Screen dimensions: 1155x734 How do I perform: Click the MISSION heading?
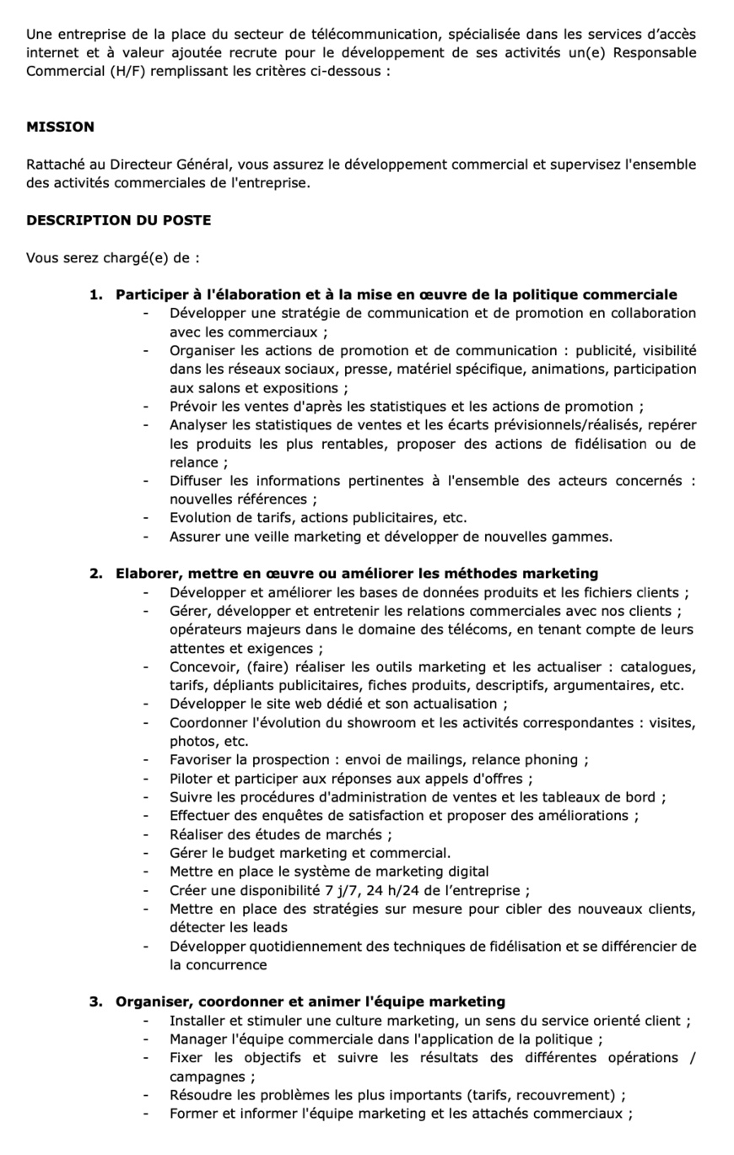[60, 127]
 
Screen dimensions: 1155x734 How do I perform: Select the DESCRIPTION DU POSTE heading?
[118, 220]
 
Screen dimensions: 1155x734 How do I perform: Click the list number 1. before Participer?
[96, 294]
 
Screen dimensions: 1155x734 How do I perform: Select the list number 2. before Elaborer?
[96, 574]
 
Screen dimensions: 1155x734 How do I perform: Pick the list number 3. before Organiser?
[96, 1001]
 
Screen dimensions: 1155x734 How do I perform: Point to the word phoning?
[548, 760]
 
